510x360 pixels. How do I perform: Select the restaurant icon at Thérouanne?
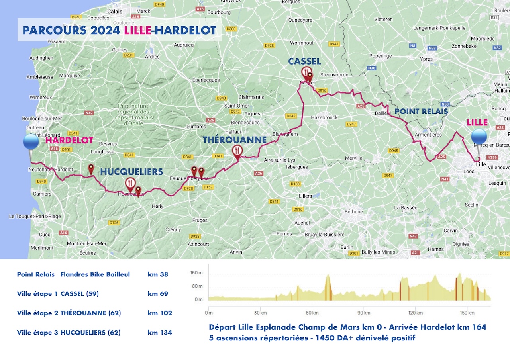click(x=237, y=151)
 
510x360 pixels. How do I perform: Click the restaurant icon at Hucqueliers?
click(x=130, y=184)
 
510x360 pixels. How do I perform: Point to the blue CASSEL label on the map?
click(x=304, y=61)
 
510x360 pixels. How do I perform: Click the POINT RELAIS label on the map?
click(x=421, y=111)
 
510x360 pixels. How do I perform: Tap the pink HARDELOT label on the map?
click(x=69, y=140)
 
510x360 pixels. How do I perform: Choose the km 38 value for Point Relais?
click(x=158, y=274)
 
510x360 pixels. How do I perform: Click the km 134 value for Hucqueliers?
click(x=160, y=332)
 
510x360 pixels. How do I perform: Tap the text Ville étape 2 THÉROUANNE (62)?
click(x=69, y=313)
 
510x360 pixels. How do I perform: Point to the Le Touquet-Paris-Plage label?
click(x=35, y=216)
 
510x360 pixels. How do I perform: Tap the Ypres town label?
click(x=426, y=59)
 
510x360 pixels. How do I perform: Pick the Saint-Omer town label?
click(x=237, y=106)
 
